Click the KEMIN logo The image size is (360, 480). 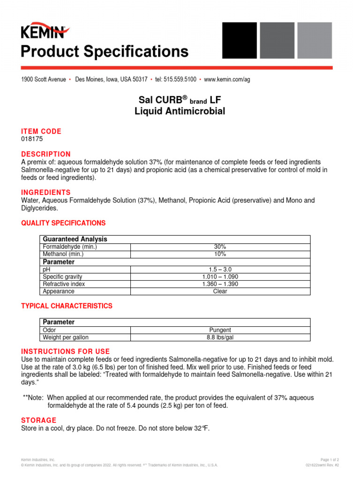(x=45, y=31)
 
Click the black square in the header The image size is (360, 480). (x=239, y=41)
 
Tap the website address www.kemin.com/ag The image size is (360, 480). (x=227, y=80)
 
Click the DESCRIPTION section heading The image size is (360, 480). (x=46, y=154)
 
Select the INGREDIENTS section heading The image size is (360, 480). (x=46, y=193)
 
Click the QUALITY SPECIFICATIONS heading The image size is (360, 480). (x=63, y=223)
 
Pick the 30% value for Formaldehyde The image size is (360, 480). (x=220, y=247)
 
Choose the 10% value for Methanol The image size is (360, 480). (x=220, y=254)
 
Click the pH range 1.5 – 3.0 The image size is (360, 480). (x=220, y=270)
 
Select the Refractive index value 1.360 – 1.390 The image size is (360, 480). (x=220, y=284)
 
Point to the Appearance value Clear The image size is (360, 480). (x=220, y=291)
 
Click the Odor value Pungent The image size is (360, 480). (x=220, y=330)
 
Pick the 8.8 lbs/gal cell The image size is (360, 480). (x=220, y=337)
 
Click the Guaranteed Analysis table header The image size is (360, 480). (x=75, y=239)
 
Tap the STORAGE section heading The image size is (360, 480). (x=38, y=420)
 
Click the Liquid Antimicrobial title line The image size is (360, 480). (x=180, y=112)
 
